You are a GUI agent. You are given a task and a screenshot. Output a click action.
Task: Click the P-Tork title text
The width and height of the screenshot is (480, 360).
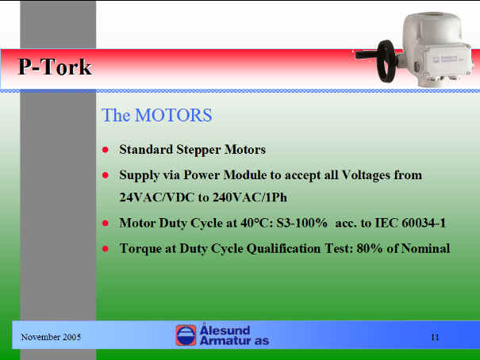tap(55, 67)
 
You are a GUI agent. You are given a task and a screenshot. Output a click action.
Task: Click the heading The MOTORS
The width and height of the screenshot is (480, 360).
tap(157, 115)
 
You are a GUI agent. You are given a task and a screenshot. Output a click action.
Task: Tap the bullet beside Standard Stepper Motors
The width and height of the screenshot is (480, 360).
tap(106, 150)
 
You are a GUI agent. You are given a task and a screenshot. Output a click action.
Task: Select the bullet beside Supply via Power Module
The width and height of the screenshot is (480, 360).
tap(106, 175)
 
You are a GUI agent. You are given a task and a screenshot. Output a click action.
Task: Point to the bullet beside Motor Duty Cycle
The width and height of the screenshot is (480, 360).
tap(106, 223)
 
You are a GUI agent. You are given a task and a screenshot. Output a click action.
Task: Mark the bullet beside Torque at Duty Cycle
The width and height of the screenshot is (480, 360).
tap(106, 248)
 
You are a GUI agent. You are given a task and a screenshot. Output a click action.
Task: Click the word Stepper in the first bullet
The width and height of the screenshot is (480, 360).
tap(198, 150)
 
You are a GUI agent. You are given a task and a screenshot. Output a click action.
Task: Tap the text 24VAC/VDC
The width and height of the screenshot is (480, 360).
tap(157, 197)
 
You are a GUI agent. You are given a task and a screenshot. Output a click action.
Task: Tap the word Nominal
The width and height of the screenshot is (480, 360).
tap(425, 248)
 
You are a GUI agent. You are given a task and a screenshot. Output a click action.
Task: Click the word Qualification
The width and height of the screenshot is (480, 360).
tap(283, 249)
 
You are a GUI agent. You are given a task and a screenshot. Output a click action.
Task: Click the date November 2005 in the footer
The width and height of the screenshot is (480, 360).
tap(51, 337)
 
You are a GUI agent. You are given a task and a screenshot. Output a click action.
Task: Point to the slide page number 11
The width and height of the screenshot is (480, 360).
tap(435, 337)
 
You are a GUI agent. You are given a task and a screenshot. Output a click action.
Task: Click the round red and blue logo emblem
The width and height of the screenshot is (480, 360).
tap(186, 335)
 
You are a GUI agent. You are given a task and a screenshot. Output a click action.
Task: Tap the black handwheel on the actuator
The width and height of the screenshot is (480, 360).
tap(386, 62)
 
